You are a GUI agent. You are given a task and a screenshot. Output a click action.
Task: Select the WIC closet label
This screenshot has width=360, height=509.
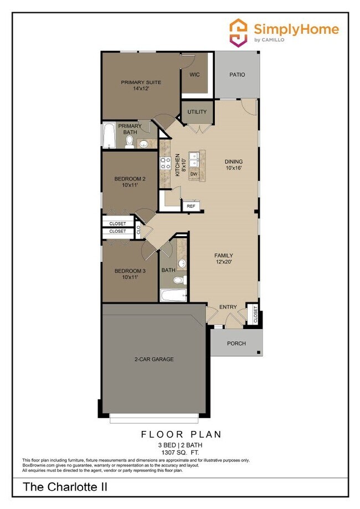pyautogui.click(x=194, y=74)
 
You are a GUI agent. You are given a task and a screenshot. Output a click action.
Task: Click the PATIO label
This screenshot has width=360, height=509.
pyautogui.click(x=236, y=75)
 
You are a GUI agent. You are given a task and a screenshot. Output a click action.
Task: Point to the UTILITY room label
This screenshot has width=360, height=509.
pyautogui.click(x=197, y=112)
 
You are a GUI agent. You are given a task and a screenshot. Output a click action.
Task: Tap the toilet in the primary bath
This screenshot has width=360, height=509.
pyautogui.click(x=129, y=142)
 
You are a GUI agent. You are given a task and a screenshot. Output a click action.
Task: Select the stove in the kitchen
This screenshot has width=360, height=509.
pyautogui.click(x=166, y=163)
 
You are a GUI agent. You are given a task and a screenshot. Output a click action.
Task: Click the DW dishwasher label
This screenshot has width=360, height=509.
pyautogui.click(x=194, y=174)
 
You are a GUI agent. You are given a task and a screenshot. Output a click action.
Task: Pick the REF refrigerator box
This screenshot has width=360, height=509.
pyautogui.click(x=191, y=206)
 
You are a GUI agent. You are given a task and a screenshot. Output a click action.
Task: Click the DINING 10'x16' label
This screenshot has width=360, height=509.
pyautogui.click(x=234, y=164)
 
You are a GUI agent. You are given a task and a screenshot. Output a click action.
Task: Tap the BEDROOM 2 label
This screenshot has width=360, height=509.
pyautogui.click(x=130, y=182)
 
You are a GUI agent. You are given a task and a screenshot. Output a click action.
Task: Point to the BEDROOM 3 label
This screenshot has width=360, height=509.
pyautogui.click(x=130, y=274)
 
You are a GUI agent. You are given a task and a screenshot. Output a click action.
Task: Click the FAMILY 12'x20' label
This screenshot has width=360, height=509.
pyautogui.click(x=224, y=259)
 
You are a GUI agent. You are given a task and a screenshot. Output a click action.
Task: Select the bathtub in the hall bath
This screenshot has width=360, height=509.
pyautogui.click(x=174, y=295)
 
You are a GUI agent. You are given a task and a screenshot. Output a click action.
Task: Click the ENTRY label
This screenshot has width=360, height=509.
pyautogui.click(x=228, y=307)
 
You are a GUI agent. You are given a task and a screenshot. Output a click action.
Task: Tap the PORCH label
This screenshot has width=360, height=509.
pyautogui.click(x=236, y=343)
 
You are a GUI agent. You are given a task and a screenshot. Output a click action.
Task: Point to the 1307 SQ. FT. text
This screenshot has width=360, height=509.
pyautogui.click(x=179, y=452)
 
